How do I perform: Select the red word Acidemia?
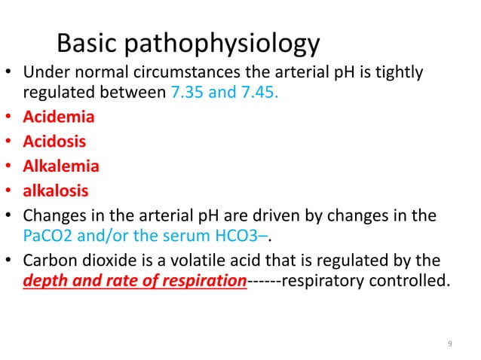click(x=59, y=118)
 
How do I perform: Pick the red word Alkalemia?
click(x=61, y=165)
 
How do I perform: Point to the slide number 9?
click(x=449, y=345)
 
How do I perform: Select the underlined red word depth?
click(x=42, y=283)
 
